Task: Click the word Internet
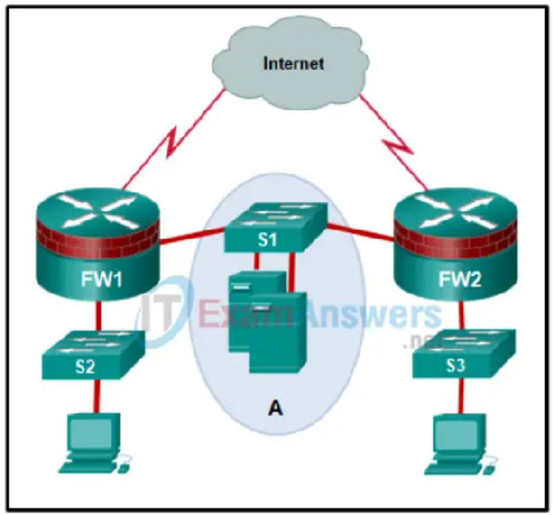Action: tap(293, 64)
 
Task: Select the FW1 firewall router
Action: tap(98, 243)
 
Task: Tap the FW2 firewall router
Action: tap(456, 244)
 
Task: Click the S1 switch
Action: tap(276, 227)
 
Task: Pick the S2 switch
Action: tap(93, 354)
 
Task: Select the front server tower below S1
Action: tap(277, 332)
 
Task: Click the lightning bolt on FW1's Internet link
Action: tap(173, 141)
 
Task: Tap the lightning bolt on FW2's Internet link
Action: tap(399, 145)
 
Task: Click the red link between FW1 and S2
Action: tap(99, 316)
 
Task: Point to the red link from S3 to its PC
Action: tap(460, 396)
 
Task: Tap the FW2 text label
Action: tap(460, 280)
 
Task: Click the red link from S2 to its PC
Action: tap(96, 396)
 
